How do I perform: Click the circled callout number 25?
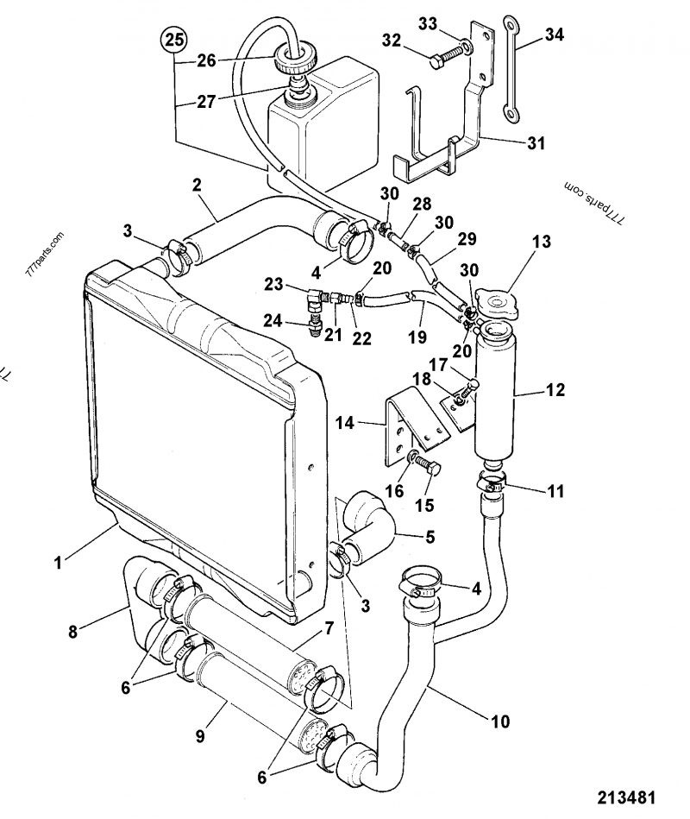(x=175, y=40)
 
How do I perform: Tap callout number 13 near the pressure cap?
(x=541, y=243)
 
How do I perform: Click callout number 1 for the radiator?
(x=58, y=563)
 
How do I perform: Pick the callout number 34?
(x=555, y=35)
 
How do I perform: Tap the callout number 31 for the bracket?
(x=536, y=143)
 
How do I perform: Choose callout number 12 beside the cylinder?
(x=555, y=391)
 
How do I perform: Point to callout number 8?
(x=72, y=631)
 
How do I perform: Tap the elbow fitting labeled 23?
(x=311, y=302)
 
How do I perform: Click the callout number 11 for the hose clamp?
(x=555, y=491)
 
